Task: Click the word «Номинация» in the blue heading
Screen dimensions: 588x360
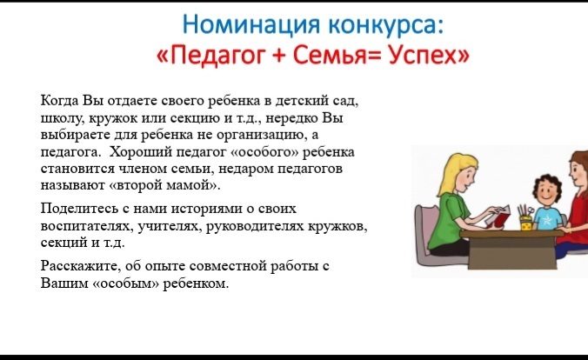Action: [x=251, y=24]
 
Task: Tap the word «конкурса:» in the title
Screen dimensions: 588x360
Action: [x=386, y=24]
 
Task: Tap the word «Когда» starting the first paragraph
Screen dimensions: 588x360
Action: [x=60, y=101]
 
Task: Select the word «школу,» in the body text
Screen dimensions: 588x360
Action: [x=63, y=118]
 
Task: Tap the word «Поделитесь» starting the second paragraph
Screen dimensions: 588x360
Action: [x=79, y=209]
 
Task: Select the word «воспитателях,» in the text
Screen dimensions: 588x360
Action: [x=87, y=226]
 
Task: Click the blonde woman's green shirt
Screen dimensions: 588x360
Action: [x=449, y=219]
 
